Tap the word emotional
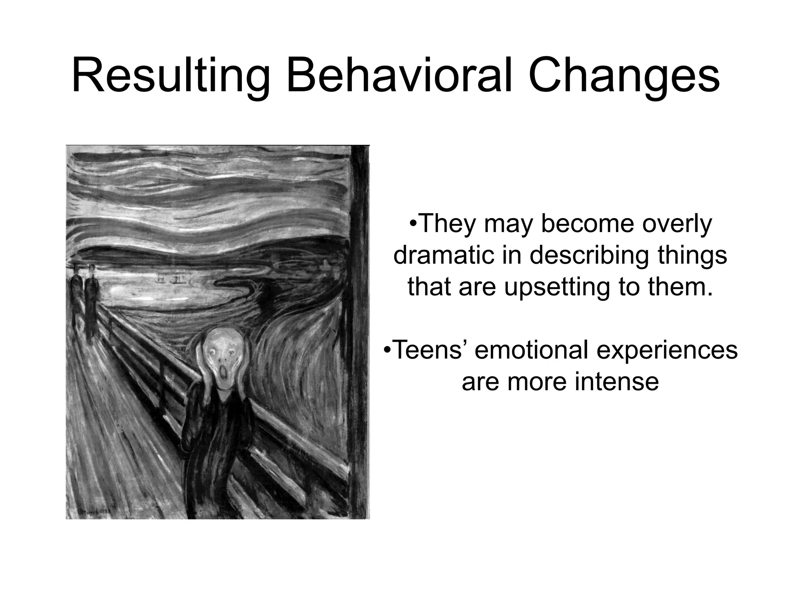(x=531, y=349)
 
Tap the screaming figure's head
(x=223, y=355)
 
